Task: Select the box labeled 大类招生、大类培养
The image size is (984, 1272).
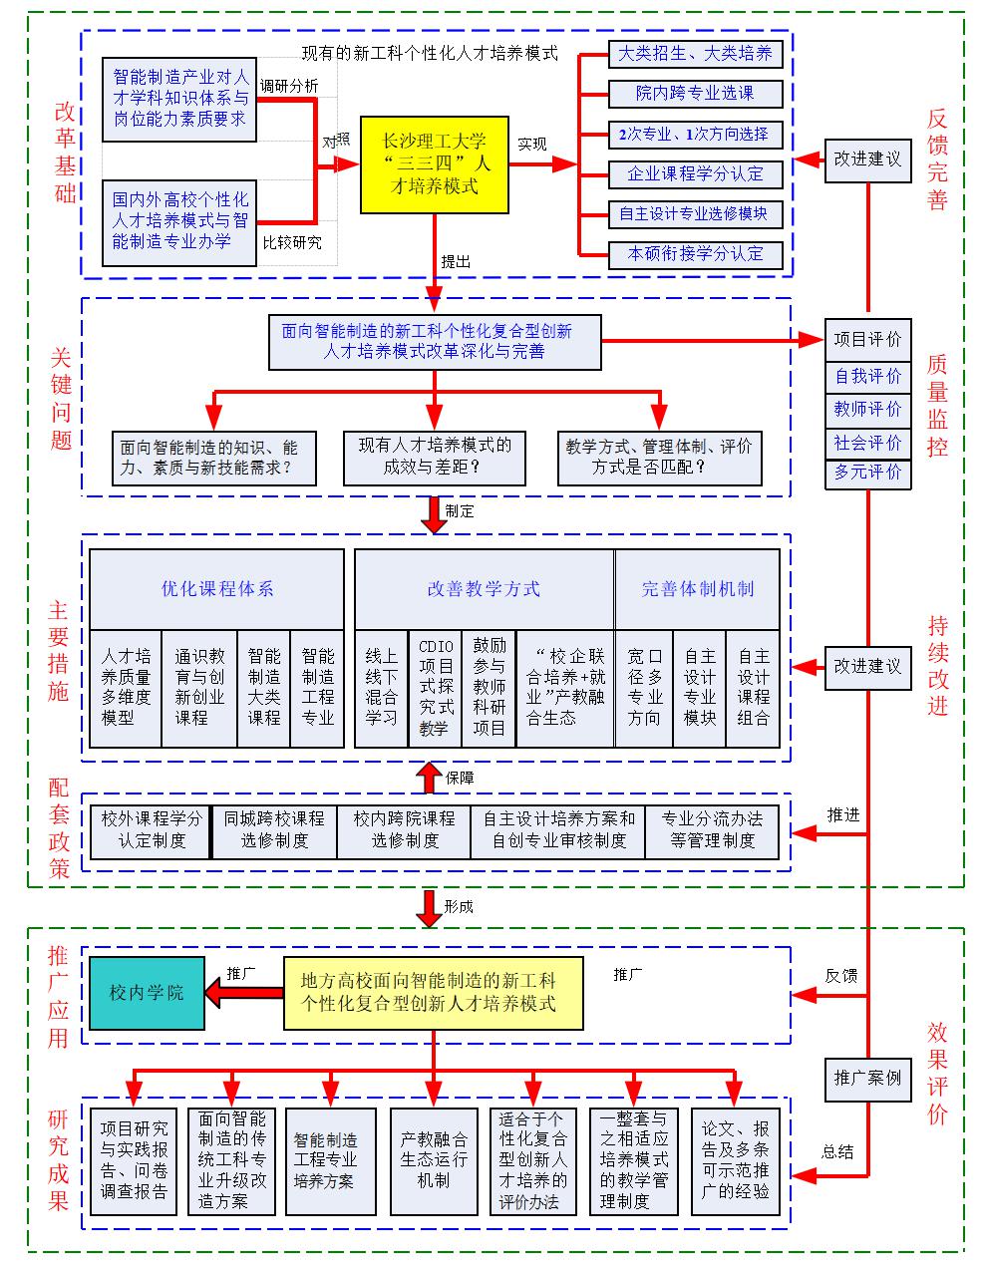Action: coord(695,54)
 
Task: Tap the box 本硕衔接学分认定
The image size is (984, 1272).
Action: coord(695,254)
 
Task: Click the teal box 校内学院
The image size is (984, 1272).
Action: coord(147,993)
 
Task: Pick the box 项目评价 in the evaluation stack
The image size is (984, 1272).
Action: coord(867,340)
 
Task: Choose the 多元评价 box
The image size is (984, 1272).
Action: coord(867,472)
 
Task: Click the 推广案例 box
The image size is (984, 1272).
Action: coord(867,1078)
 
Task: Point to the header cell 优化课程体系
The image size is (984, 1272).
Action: coord(217,589)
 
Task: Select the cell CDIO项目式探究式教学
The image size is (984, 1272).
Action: coord(435,688)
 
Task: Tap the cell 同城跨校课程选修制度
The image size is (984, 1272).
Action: coord(274,829)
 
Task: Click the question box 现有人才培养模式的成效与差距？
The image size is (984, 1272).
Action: coord(434,457)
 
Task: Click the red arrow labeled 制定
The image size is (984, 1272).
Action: coord(434,513)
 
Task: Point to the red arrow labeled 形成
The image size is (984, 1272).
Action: coord(429,907)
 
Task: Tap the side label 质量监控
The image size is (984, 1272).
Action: coord(937,406)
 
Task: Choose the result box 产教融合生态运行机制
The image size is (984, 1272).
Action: coord(434,1160)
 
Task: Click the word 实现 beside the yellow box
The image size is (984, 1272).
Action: coord(531,145)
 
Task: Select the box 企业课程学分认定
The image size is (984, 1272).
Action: coord(695,174)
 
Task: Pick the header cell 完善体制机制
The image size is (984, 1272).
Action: coord(697,589)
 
